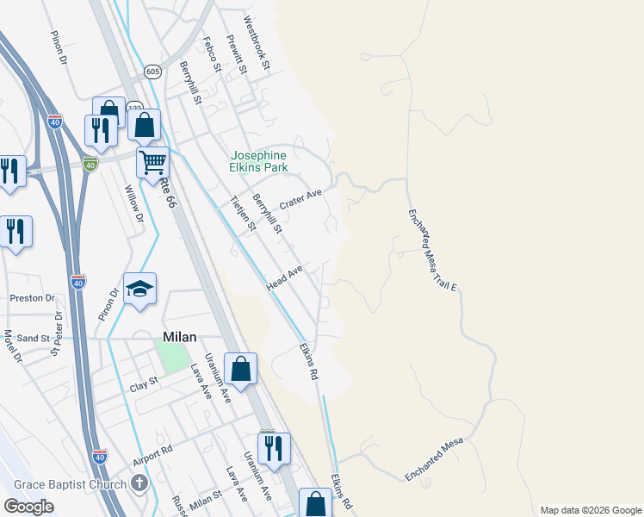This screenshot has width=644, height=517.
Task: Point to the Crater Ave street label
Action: click(300, 203)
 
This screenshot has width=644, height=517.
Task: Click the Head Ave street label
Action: click(285, 278)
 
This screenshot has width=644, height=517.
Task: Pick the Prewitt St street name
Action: click(235, 53)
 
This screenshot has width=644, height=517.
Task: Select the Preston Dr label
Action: click(32, 298)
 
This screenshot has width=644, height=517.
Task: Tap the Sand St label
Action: click(33, 339)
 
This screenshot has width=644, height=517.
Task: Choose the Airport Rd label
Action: click(153, 455)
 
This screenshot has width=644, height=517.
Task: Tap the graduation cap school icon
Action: click(139, 290)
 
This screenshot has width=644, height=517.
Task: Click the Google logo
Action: click(28, 507)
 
